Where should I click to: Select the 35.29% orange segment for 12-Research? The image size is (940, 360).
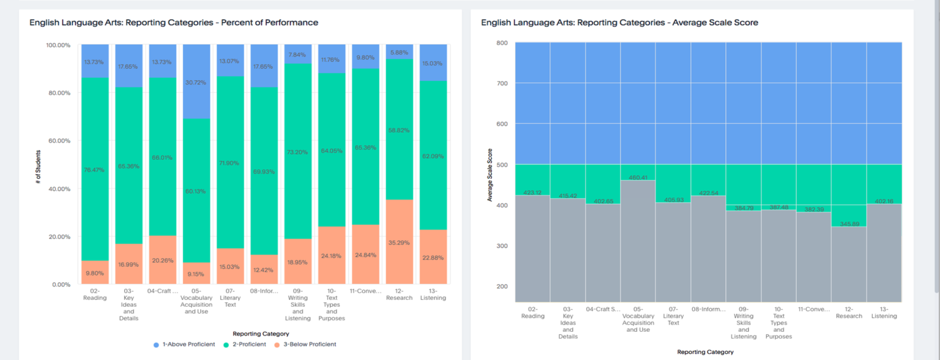(399, 242)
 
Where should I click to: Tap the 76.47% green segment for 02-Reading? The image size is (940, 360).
(95, 170)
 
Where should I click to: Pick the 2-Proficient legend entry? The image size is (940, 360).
(244, 344)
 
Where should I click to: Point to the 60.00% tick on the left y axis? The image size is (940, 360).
(58, 141)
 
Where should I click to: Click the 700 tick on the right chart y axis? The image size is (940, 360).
(501, 83)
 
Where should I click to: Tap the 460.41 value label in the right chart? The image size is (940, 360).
(638, 178)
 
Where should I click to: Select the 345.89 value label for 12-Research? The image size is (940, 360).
(849, 224)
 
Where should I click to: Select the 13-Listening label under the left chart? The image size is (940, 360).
(433, 294)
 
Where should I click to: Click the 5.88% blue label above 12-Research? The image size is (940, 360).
(399, 53)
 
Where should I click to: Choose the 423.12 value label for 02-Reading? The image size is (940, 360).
(532, 192)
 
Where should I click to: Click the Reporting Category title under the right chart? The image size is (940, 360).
(705, 352)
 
